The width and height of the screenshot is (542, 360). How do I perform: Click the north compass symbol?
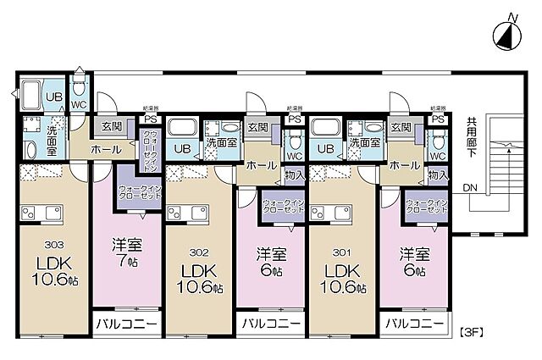[x=503, y=36]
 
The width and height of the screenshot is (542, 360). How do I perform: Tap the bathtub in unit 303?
[x=30, y=95]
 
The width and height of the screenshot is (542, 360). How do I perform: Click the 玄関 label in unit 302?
[x=257, y=128]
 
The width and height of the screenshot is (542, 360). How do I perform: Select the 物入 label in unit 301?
[x=437, y=175]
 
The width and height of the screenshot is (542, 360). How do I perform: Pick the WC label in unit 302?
[x=294, y=156]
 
